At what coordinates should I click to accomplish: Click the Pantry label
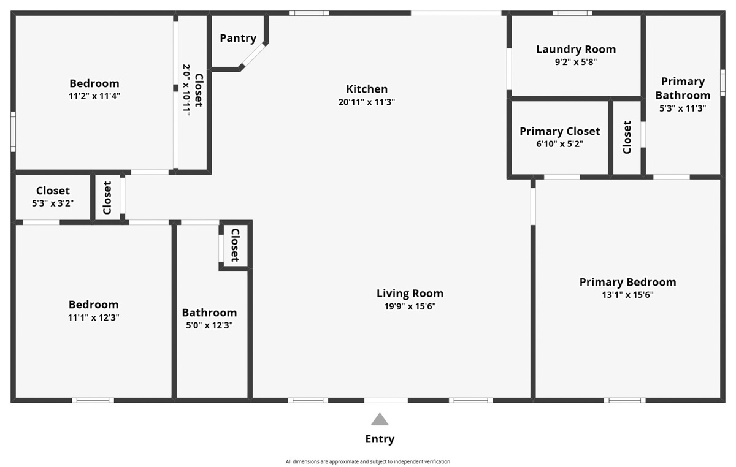click(x=238, y=38)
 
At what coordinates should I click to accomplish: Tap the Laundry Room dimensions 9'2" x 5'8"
click(x=575, y=61)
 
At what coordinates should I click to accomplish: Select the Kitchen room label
click(x=367, y=89)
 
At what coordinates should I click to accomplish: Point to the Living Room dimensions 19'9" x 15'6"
click(x=410, y=306)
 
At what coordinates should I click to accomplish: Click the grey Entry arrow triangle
click(x=380, y=419)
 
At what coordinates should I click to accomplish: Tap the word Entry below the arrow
click(x=380, y=439)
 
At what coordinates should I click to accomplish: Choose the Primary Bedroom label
click(x=627, y=282)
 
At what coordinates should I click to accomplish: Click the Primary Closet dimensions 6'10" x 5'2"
click(x=559, y=144)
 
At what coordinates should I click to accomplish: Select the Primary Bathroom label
click(x=683, y=88)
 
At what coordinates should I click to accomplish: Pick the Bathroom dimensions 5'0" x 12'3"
click(x=209, y=325)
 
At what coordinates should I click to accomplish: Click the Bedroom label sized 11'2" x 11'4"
click(x=94, y=83)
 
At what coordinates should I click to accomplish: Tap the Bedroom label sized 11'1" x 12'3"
click(x=93, y=305)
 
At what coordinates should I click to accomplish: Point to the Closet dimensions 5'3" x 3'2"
click(x=53, y=203)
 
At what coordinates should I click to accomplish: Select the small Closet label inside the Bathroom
click(x=235, y=245)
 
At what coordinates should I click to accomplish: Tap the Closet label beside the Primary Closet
click(x=627, y=137)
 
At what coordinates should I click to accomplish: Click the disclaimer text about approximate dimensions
click(x=367, y=461)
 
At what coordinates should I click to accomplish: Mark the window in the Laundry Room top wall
click(x=572, y=13)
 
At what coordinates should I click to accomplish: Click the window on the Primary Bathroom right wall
click(x=723, y=83)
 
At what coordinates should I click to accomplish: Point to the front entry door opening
click(x=386, y=400)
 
